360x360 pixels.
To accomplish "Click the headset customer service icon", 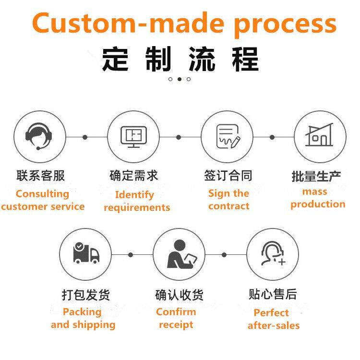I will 38,137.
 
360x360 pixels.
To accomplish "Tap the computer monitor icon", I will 133,137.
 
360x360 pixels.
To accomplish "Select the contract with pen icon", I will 227,137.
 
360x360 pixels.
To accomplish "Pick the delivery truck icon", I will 86,253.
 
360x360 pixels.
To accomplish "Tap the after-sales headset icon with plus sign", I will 273,253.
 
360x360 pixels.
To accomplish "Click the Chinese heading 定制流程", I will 180,59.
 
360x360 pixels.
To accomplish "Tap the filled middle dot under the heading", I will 180,79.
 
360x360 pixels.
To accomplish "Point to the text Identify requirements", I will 136,201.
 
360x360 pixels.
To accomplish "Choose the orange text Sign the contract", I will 229,200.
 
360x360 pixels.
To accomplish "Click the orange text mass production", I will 317,198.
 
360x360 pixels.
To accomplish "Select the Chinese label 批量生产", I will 317,176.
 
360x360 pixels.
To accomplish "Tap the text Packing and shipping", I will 83,318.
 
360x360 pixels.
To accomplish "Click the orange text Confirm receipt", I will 176,318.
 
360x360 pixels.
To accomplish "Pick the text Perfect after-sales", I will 273,319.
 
